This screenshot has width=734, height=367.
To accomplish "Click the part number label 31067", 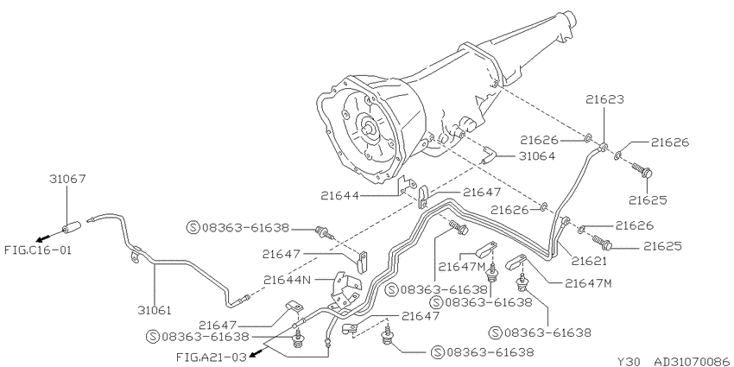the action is [x=67, y=179].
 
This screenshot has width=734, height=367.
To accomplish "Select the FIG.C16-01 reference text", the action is [x=38, y=250].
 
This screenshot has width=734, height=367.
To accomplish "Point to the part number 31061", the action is [x=154, y=310].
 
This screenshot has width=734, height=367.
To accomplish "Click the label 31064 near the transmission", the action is [x=537, y=156].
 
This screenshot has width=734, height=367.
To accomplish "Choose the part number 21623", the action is [x=604, y=99].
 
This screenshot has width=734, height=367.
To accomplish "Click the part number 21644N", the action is [x=287, y=280].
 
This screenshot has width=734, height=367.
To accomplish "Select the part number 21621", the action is [x=588, y=261].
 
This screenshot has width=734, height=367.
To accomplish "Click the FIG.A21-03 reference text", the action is [x=211, y=357].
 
